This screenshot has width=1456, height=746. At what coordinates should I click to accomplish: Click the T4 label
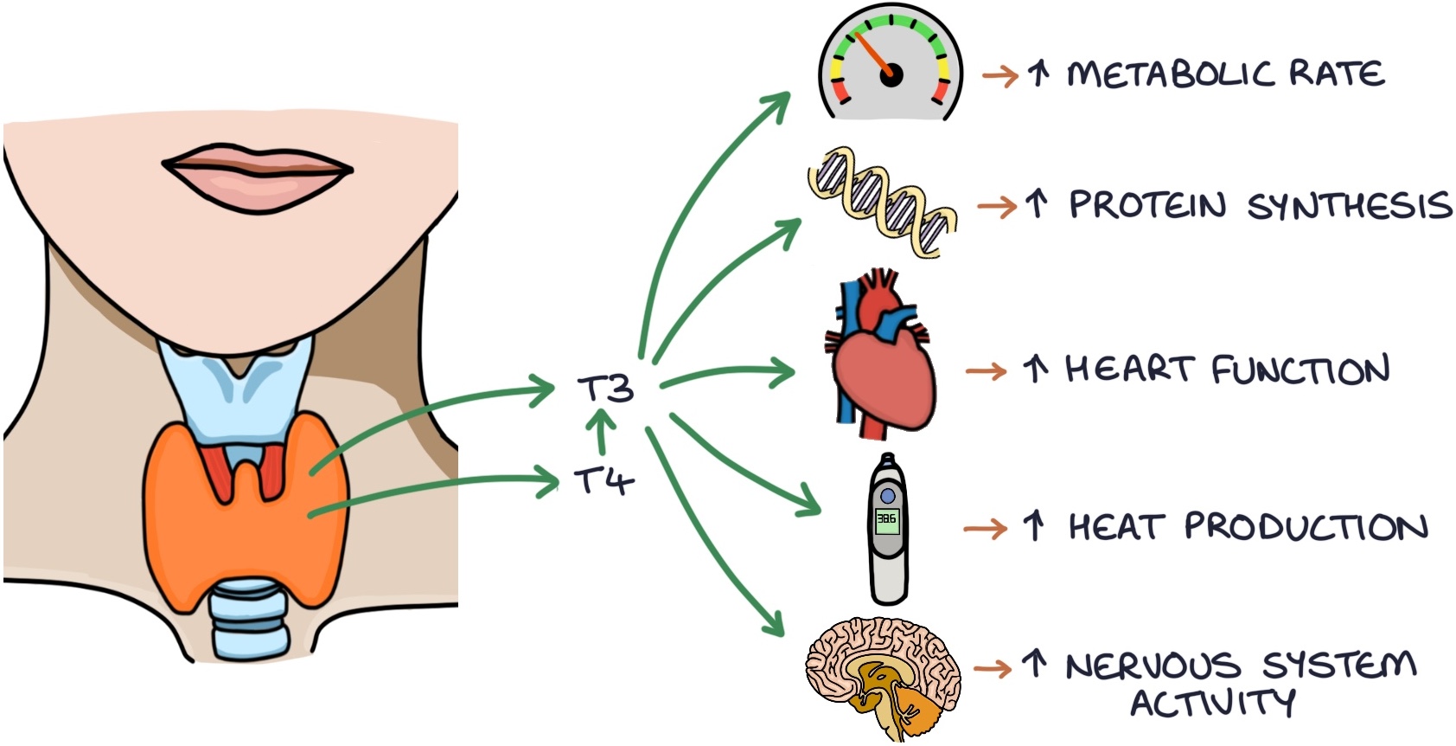(604, 479)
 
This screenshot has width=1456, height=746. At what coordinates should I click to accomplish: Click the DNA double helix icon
(883, 203)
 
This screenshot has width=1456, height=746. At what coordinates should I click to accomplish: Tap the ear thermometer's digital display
(887, 521)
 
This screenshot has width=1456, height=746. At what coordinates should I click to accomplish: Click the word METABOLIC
(1171, 74)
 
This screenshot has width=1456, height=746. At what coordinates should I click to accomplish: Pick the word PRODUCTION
(1306, 526)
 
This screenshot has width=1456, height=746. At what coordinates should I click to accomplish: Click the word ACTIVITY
(1213, 703)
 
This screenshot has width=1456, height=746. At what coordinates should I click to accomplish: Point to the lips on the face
(258, 173)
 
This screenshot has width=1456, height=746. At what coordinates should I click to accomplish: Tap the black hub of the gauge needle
(891, 76)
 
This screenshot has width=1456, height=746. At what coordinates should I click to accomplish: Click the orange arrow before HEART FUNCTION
(986, 371)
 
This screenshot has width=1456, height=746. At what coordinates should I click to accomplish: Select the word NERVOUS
(1152, 666)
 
